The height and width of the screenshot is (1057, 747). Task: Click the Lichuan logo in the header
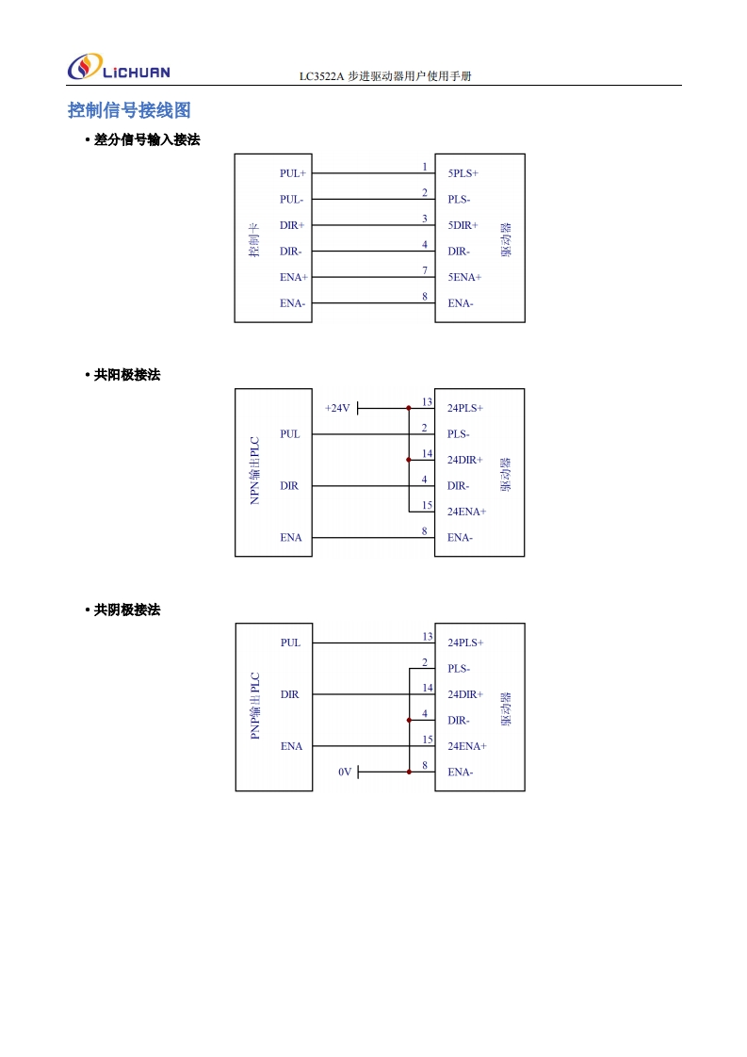(x=118, y=69)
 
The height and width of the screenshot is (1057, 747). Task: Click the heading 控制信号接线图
(x=129, y=110)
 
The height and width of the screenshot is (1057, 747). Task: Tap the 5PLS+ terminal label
(x=463, y=173)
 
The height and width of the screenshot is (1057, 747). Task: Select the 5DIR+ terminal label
(x=463, y=225)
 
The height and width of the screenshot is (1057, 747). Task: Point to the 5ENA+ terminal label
(x=464, y=277)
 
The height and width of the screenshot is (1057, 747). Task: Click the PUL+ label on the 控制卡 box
(x=293, y=173)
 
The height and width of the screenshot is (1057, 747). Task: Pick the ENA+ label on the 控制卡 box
(x=294, y=277)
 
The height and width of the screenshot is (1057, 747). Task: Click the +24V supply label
(x=337, y=408)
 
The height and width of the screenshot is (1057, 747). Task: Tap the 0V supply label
(x=345, y=772)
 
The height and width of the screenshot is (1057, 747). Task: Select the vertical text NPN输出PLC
(x=254, y=470)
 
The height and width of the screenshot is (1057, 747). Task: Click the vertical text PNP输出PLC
(x=254, y=706)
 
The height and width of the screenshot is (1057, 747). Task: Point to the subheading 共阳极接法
(x=127, y=375)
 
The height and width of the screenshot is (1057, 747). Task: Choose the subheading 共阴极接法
(x=127, y=610)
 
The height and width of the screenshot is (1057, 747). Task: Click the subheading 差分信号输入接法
(x=147, y=139)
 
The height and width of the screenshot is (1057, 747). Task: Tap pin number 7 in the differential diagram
(x=425, y=270)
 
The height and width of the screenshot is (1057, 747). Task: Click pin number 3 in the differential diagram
(x=425, y=219)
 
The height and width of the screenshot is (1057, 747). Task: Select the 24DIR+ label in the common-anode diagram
(x=464, y=460)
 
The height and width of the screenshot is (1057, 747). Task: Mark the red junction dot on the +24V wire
(x=408, y=409)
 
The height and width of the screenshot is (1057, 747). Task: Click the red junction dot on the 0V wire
(x=408, y=772)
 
